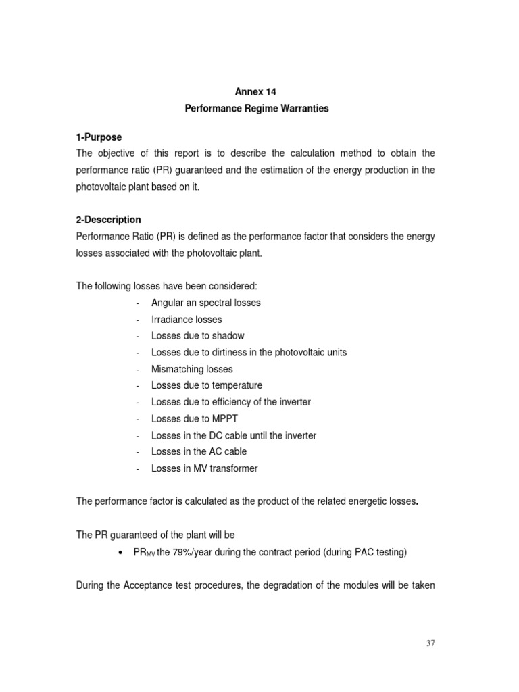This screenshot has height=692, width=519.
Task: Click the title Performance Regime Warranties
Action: coord(257,109)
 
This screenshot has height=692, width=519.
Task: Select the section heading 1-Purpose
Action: coord(99,137)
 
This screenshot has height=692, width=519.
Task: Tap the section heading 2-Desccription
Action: coord(108,220)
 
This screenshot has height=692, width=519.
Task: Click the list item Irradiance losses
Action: coord(186,319)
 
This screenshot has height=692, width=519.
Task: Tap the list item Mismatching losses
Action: coord(191,369)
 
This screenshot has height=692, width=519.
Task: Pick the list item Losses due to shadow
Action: coord(197,336)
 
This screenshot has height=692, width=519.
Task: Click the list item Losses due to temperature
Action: coord(207,385)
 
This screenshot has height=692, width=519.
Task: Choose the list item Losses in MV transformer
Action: coord(204,468)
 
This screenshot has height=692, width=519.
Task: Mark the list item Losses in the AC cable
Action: coord(199,451)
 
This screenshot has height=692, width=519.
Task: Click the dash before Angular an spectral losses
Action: coord(138,303)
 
